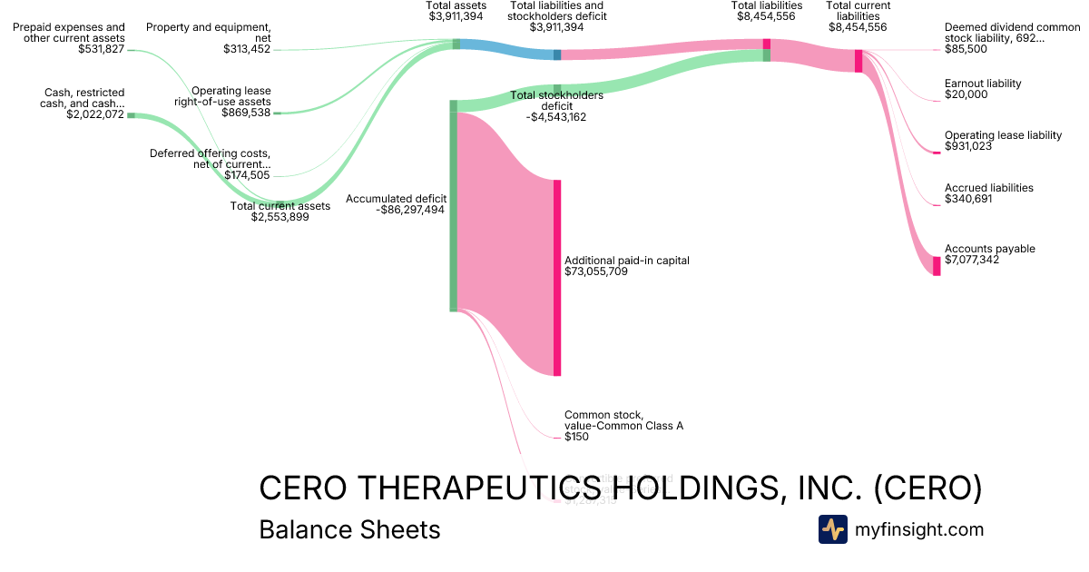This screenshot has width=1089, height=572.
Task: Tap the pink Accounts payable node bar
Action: coord(937,265)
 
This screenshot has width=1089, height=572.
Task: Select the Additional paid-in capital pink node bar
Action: coord(557,277)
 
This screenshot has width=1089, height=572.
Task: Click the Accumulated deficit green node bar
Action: coord(454,205)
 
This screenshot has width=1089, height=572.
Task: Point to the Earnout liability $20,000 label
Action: coord(982,89)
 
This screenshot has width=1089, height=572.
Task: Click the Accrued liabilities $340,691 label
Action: coord(988,192)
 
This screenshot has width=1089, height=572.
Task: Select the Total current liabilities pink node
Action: coord(858,61)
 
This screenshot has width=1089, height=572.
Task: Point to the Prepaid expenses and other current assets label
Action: coord(70,38)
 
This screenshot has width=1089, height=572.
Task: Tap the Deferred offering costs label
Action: coord(210,163)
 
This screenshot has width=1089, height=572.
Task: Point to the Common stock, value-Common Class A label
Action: coord(623,425)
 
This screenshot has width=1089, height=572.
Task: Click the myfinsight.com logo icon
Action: coord(832,529)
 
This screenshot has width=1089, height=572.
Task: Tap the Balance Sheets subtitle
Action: coord(349,529)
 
